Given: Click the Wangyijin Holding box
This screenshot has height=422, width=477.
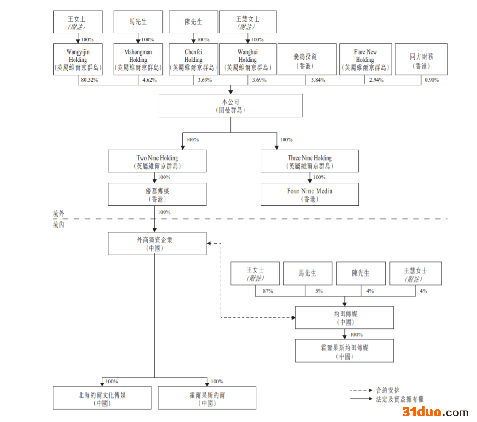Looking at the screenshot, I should coord(78,59).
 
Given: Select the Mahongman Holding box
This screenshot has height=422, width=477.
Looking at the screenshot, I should coord(138,59).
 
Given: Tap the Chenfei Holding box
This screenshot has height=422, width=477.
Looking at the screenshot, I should coord(193,59).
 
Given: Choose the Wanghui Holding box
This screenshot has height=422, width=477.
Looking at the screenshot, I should coord(248,59).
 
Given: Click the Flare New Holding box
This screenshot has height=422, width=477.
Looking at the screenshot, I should coord(365,59).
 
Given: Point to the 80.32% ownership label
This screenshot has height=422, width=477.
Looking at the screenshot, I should coord(89,80).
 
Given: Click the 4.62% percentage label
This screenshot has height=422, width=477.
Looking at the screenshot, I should coord(149,80).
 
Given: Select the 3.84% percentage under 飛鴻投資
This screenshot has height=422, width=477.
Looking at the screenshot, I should coord(317,80).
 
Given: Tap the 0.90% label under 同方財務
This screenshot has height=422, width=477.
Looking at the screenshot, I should coord(432,80).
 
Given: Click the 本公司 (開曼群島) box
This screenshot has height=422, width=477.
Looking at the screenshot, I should coord(230,105).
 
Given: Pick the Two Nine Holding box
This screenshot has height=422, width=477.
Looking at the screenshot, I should coord(157,161).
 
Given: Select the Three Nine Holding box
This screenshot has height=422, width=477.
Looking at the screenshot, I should coord(310,161).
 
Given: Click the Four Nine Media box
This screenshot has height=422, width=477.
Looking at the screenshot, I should coord(310,194).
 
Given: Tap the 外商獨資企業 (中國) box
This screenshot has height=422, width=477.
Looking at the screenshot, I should coord(157,243).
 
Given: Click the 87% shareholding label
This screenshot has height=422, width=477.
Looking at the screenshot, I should coord(268,291).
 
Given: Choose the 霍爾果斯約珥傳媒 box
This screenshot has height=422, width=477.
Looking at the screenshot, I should coord(344,351).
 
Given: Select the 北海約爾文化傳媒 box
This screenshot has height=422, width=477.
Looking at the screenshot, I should coord(102,398).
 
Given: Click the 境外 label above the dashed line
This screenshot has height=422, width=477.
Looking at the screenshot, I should coord(58,214).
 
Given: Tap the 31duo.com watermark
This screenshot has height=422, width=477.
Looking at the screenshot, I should coord(435,412).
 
